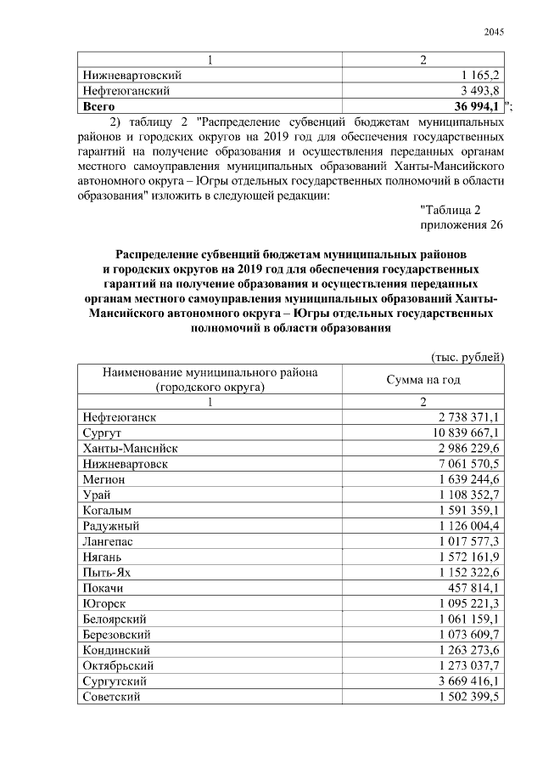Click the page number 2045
[494, 33]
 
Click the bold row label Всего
[99, 105]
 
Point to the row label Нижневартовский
[132, 75]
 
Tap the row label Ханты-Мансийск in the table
[130, 448]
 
